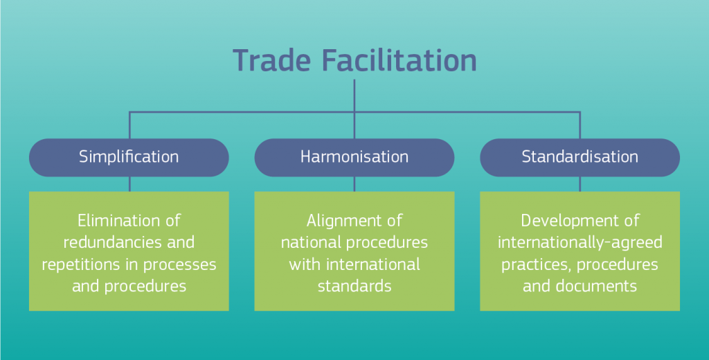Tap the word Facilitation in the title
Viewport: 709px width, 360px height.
(393, 61)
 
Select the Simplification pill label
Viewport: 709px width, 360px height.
(129, 157)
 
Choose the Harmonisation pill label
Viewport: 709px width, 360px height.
(354, 156)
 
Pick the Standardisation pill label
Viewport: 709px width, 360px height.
(580, 156)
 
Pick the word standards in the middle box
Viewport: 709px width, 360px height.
(354, 286)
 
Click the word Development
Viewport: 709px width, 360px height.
(565, 221)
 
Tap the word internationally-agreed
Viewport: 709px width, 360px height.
(580, 243)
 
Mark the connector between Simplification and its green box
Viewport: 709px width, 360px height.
(129, 183)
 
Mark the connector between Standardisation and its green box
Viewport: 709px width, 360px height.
(580, 183)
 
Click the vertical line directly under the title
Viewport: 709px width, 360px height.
(354, 96)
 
